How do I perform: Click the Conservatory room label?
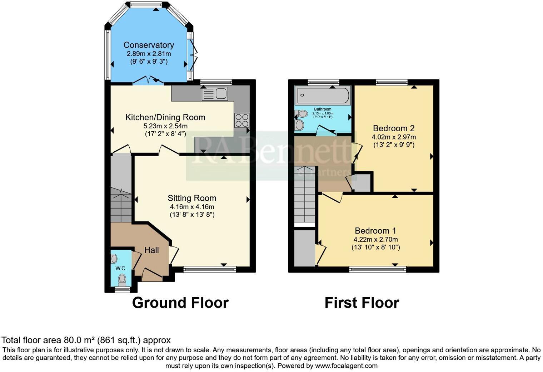pos(149,45)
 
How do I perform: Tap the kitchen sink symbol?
pos(215,94)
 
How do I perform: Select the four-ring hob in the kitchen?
pos(241,120)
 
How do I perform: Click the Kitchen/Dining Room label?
pos(165,117)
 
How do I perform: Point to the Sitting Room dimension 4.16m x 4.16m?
pos(192,207)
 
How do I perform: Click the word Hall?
pos(151,250)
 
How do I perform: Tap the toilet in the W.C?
pos(122,278)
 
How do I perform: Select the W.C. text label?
pos(120,268)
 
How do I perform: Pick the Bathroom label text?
pos(323,109)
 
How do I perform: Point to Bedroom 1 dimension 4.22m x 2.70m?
pos(375,240)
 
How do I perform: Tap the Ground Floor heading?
pos(180,303)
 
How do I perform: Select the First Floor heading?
pos(362,303)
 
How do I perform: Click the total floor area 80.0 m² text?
pos(86,340)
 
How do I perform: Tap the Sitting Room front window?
pos(210,269)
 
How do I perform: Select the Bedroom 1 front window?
pos(378,269)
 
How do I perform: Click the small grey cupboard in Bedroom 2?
pos(362,183)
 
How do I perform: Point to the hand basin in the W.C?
pos(114,258)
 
